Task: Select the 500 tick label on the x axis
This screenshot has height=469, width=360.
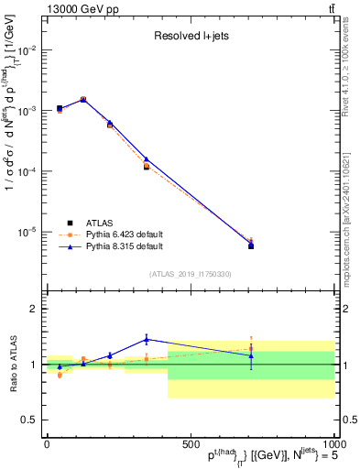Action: (190, 443)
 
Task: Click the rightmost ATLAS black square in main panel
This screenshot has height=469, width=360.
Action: (251, 245)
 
